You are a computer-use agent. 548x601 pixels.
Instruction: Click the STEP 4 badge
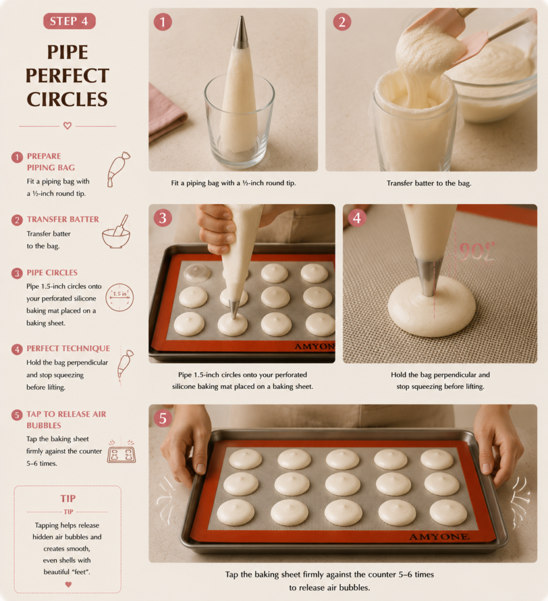click(69, 21)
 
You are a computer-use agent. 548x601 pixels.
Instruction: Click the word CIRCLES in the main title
click(67, 99)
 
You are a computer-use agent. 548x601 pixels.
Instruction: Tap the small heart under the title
click(67, 126)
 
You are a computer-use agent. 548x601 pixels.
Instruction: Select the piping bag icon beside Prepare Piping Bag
click(119, 169)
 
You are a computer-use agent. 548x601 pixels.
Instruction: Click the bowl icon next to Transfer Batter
click(116, 232)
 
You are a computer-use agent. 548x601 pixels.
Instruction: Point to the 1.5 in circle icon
click(120, 297)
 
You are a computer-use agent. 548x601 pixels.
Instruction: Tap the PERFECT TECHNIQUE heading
click(68, 349)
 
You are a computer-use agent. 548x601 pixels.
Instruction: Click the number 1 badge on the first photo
click(163, 22)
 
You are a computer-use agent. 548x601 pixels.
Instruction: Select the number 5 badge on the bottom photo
click(163, 418)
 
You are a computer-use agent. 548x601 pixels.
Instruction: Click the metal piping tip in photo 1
click(241, 32)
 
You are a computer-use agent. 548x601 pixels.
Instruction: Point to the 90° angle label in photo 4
click(477, 251)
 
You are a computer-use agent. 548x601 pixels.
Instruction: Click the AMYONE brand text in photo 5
click(439, 536)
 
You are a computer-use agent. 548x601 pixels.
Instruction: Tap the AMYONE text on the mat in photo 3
click(314, 346)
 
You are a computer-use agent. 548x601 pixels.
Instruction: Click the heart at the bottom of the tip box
click(68, 585)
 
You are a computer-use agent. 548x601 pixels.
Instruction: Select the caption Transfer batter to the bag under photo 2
click(429, 183)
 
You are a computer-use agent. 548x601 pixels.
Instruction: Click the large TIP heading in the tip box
click(68, 498)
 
